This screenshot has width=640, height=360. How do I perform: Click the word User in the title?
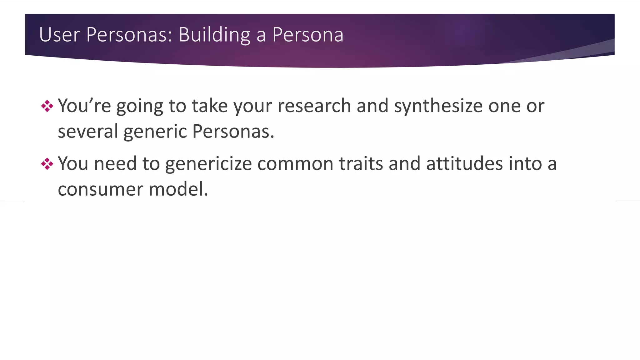tap(59, 34)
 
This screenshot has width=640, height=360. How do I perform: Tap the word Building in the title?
tap(214, 34)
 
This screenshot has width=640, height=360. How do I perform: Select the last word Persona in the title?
tap(307, 34)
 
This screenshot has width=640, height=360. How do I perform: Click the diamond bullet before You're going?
tap(47, 106)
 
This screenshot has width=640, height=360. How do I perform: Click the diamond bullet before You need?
tap(47, 164)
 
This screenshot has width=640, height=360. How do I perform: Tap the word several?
tap(87, 131)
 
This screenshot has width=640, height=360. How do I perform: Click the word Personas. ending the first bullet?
tap(233, 131)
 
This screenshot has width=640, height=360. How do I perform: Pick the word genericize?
tap(208, 164)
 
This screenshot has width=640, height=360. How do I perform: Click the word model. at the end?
tap(178, 189)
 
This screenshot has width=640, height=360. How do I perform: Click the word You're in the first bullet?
tap(84, 106)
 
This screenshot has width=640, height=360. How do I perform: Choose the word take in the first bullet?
tap(210, 106)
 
